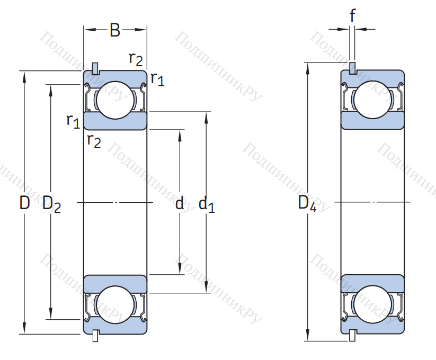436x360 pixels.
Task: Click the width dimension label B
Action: pyautogui.click(x=114, y=30)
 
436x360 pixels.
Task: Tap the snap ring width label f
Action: pyautogui.click(x=353, y=16)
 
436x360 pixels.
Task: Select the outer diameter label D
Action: pyautogui.click(x=24, y=203)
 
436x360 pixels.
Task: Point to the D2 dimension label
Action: pyautogui.click(x=51, y=204)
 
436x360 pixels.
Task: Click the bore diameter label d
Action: pyautogui.click(x=180, y=203)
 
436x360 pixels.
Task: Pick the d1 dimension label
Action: pyautogui.click(x=206, y=204)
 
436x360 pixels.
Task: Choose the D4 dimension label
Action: pyautogui.click(x=307, y=204)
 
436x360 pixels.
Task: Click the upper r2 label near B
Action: pyautogui.click(x=136, y=58)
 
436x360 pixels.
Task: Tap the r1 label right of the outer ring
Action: pyautogui.click(x=157, y=79)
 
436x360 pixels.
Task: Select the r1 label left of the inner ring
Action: pyautogui.click(x=73, y=121)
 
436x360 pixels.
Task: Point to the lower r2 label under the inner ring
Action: pyautogui.click(x=93, y=141)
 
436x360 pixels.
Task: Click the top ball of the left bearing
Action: pyautogui.click(x=114, y=100)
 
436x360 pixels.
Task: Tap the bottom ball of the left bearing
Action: pyautogui.click(x=114, y=304)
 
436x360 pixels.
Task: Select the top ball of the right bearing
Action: pyautogui.click(x=372, y=100)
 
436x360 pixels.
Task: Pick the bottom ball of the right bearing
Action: pyautogui.click(x=372, y=304)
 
